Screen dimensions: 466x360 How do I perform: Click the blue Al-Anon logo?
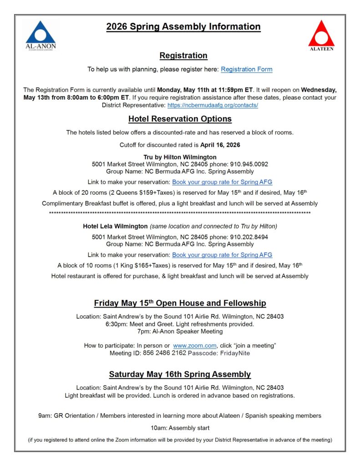[x=41, y=34]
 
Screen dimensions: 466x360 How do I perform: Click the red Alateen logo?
[x=321, y=35]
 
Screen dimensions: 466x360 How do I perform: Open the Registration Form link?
[x=246, y=70]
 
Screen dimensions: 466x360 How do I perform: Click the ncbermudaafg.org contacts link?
[x=213, y=105]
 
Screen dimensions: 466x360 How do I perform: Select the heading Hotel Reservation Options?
[x=180, y=119]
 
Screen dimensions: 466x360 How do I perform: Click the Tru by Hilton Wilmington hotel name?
[x=180, y=157]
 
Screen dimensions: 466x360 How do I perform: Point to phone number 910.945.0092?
[x=249, y=164]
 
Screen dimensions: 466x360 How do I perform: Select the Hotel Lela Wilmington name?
[x=115, y=226]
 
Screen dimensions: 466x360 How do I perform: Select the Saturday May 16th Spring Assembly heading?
[x=180, y=375]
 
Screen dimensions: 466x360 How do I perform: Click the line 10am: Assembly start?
[x=180, y=428]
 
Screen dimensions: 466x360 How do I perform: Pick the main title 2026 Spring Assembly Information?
[x=183, y=27]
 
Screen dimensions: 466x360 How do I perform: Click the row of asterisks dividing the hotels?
[x=180, y=213]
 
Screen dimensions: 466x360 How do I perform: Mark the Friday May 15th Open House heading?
[x=180, y=304]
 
